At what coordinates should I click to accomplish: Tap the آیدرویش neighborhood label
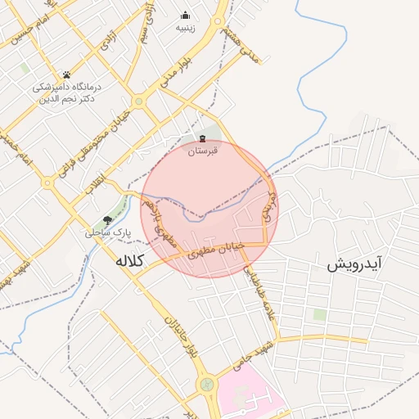pos(355,264)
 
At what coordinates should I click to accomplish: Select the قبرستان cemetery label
pos(202,151)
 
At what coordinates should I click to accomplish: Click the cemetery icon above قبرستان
pos(202,138)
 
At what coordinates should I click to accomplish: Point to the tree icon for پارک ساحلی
pos(107,220)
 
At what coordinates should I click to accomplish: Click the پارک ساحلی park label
pos(107,232)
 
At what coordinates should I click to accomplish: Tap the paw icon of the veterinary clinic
pos(66,75)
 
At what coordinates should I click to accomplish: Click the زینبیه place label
pos(186,28)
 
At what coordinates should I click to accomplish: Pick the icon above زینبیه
pos(186,15)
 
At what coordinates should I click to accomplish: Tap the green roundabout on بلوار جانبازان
pos(205,384)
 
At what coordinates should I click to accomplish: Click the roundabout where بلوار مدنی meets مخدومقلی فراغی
pos(139,101)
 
